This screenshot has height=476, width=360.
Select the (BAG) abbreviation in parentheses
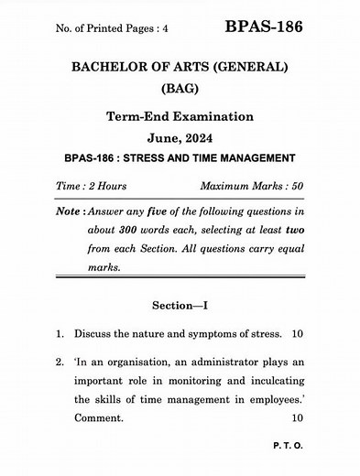click(x=180, y=90)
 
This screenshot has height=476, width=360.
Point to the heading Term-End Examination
click(x=180, y=118)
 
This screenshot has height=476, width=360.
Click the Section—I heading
click(x=180, y=308)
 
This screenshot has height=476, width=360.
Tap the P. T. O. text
click(x=285, y=449)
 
